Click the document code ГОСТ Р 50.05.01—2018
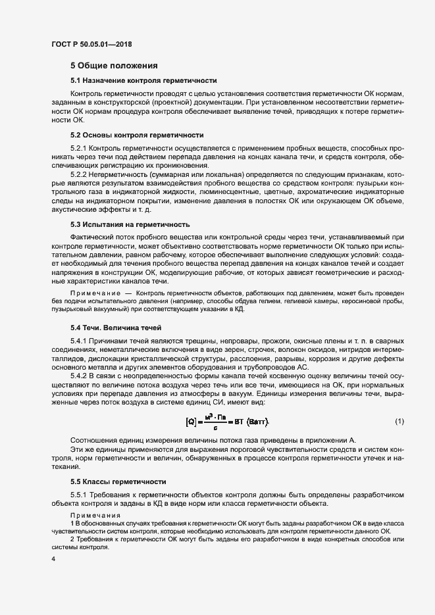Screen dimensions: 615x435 point(95,44)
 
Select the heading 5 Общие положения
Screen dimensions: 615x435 point(115,66)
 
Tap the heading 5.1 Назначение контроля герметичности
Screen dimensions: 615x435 point(143,80)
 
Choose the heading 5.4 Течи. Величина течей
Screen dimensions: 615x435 point(115,327)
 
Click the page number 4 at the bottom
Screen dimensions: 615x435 point(53,558)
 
